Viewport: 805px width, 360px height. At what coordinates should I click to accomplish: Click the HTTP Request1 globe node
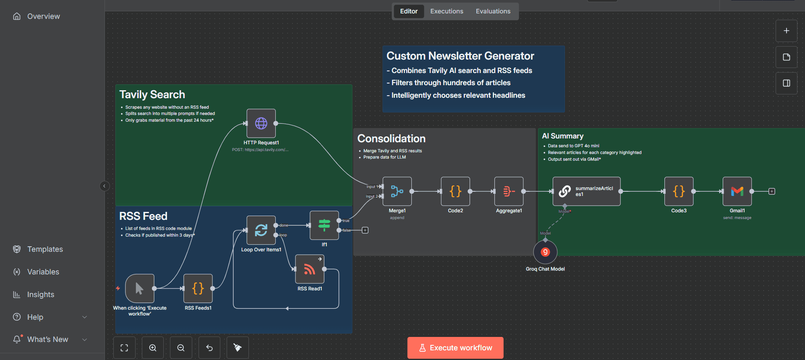[x=261, y=123]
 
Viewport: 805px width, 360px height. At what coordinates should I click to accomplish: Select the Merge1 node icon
[x=397, y=191]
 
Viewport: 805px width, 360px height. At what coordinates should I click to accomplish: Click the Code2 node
[x=455, y=191]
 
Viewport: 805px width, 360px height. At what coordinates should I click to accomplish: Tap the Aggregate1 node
[x=509, y=191]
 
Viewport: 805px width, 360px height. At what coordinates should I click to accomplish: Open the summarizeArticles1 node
[x=586, y=191]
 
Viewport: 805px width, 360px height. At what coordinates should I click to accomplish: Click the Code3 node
[x=679, y=191]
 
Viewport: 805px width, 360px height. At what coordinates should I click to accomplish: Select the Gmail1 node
[x=737, y=191]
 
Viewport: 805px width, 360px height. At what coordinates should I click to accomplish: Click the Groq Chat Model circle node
[x=545, y=252]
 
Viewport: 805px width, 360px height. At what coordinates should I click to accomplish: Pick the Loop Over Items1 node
[x=261, y=230]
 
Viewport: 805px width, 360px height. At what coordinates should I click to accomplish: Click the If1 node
[x=324, y=225]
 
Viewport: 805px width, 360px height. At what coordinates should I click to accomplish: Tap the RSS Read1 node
[x=310, y=269]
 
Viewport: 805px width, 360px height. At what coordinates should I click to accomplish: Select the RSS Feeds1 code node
[x=198, y=288]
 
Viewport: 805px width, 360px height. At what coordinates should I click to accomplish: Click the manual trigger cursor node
[x=140, y=288]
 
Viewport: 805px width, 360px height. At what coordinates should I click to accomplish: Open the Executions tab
[x=447, y=11]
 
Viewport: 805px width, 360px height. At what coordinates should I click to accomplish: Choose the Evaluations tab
[x=493, y=11]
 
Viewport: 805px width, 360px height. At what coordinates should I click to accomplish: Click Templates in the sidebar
[x=45, y=249]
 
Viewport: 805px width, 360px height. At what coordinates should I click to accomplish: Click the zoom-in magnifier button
[x=153, y=348]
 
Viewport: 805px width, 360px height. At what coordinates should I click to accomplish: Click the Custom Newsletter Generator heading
[x=460, y=56]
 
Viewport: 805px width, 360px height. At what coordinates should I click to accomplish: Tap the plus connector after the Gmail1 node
[x=771, y=191]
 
